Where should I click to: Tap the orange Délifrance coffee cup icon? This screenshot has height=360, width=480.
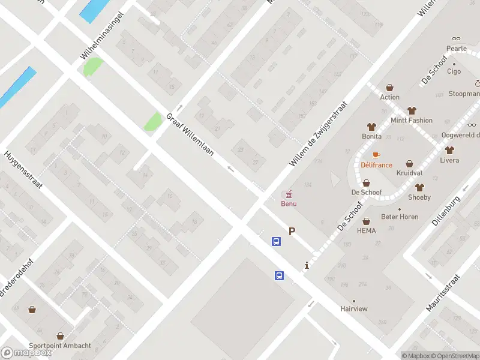(376, 155)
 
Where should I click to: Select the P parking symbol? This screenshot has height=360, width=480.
(292, 231)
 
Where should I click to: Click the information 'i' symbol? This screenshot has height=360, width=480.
(307, 265)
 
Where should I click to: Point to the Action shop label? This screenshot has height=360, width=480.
(389, 97)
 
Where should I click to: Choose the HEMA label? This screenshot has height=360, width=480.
(366, 230)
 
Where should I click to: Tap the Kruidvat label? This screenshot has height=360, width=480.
(409, 173)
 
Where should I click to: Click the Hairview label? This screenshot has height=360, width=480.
(353, 308)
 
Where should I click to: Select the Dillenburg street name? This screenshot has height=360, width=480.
(448, 209)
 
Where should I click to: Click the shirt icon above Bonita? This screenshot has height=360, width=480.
(371, 127)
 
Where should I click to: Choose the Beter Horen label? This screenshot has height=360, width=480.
(400, 217)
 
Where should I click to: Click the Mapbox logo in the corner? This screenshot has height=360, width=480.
(26, 353)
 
